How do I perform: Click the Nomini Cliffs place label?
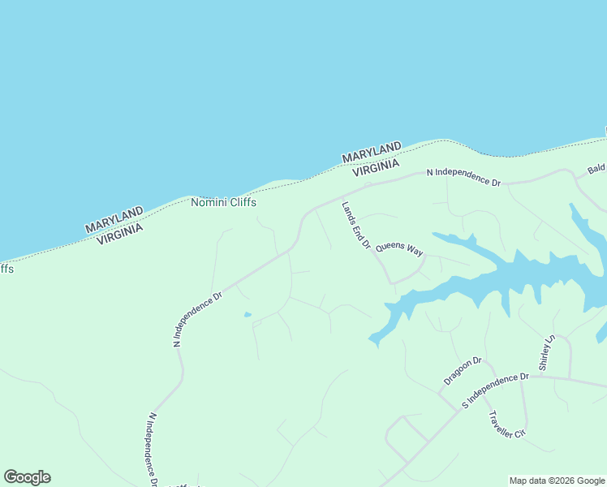pos(223,202)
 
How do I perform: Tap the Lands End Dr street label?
pos(355,225)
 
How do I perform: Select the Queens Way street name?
pos(399,248)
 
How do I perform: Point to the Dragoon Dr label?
pos(463,371)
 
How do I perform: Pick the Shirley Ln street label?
pos(545,351)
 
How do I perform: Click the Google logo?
pos(27,477)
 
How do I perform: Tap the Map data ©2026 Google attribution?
pos(557,481)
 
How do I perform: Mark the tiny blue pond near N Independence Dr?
pos(248,315)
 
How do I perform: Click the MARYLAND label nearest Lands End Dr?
pos(372,152)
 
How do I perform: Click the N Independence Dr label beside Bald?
pos(463,177)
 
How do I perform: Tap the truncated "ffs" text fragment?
pos(6,268)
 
